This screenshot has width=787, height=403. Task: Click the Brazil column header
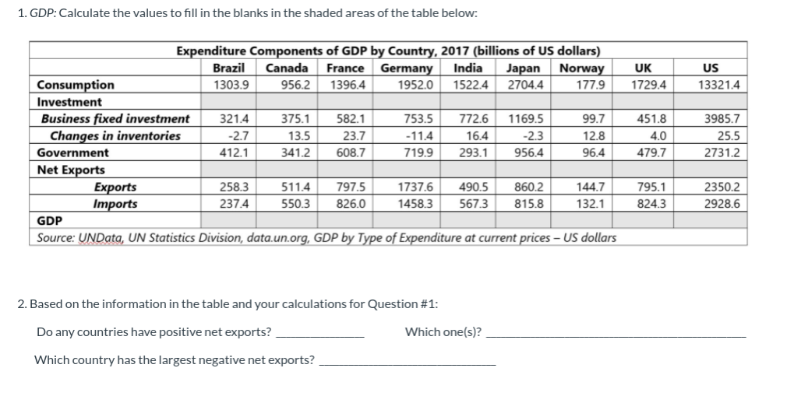[x=230, y=68]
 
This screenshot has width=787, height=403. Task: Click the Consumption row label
[x=76, y=85]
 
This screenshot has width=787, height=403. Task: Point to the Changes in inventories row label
[x=115, y=136]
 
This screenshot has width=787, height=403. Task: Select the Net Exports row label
[x=71, y=170]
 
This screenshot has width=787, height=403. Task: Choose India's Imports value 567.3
[x=474, y=204]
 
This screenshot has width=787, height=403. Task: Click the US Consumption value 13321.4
[x=719, y=85]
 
